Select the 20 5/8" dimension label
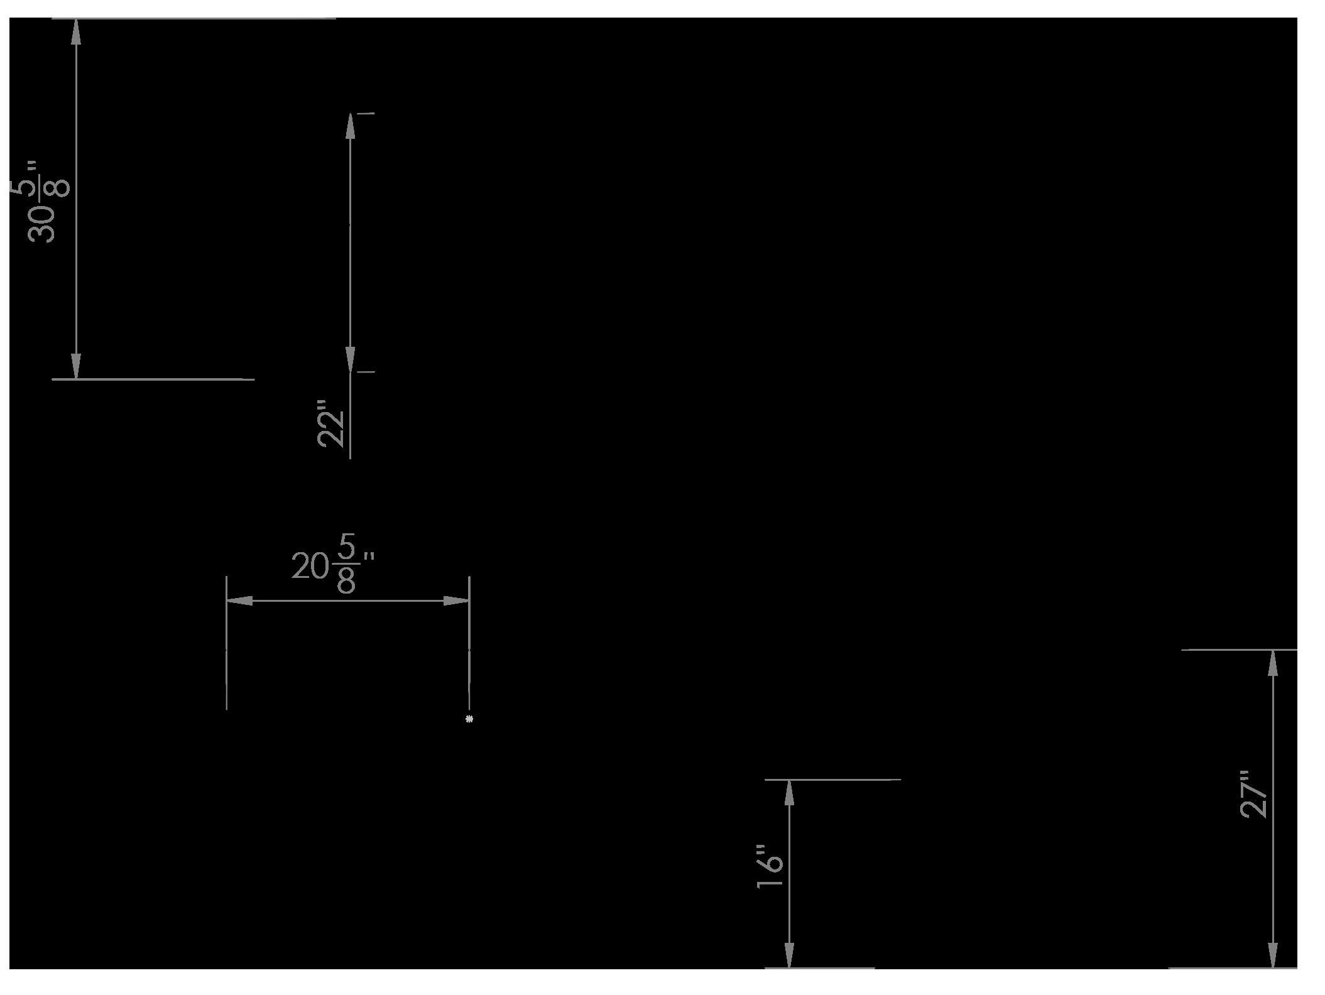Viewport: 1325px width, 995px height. coord(332,563)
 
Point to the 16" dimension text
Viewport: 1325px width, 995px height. coord(770,866)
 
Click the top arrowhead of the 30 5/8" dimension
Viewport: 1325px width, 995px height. coord(76,32)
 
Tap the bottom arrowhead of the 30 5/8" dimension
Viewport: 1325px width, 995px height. coord(76,366)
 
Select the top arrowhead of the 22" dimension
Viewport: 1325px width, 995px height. coord(350,126)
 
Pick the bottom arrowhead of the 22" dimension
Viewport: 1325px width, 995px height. coord(350,359)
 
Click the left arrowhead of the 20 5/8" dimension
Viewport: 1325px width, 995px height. coord(239,601)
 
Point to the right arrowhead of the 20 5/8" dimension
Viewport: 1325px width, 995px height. coord(456,601)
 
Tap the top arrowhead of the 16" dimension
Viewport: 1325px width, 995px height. coord(789,793)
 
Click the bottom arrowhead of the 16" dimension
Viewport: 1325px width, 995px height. coord(789,955)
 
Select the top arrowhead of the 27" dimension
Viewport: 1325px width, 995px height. coord(1273,663)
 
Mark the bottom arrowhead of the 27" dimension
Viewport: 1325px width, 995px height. coord(1273,955)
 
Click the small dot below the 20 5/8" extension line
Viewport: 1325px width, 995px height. coord(469,719)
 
